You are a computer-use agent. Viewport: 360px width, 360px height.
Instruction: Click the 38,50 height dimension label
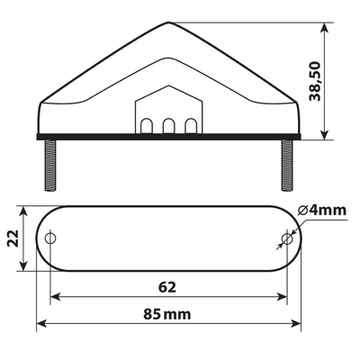tap(315, 81)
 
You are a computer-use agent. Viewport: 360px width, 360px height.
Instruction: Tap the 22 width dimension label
tap(13, 238)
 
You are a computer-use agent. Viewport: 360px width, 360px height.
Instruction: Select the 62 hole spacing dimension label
tap(167, 287)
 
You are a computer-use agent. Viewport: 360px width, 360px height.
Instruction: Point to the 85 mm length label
tap(166, 314)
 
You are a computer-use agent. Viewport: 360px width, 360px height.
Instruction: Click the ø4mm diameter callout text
tap(322, 211)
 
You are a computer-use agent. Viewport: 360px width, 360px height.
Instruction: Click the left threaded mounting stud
tap(50, 166)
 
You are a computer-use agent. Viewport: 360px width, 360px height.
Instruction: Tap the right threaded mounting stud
tap(287, 166)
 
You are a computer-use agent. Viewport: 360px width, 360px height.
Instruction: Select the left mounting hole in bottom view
tap(50, 238)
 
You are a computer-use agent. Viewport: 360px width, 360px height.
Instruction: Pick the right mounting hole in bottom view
tap(287, 238)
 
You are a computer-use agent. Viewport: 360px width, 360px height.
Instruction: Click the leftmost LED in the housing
tap(147, 126)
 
